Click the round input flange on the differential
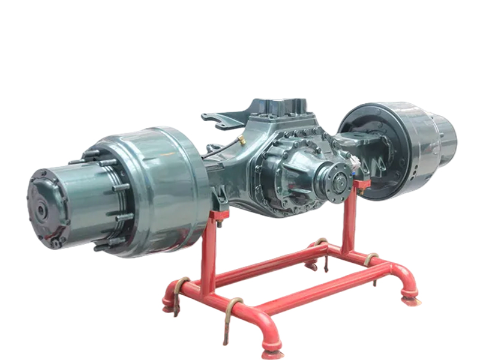tap(335, 179)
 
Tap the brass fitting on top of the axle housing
tap(241, 140)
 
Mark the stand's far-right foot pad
tap(411, 297)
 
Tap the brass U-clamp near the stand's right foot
tap(371, 260)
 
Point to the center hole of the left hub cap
tap(41, 211)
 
